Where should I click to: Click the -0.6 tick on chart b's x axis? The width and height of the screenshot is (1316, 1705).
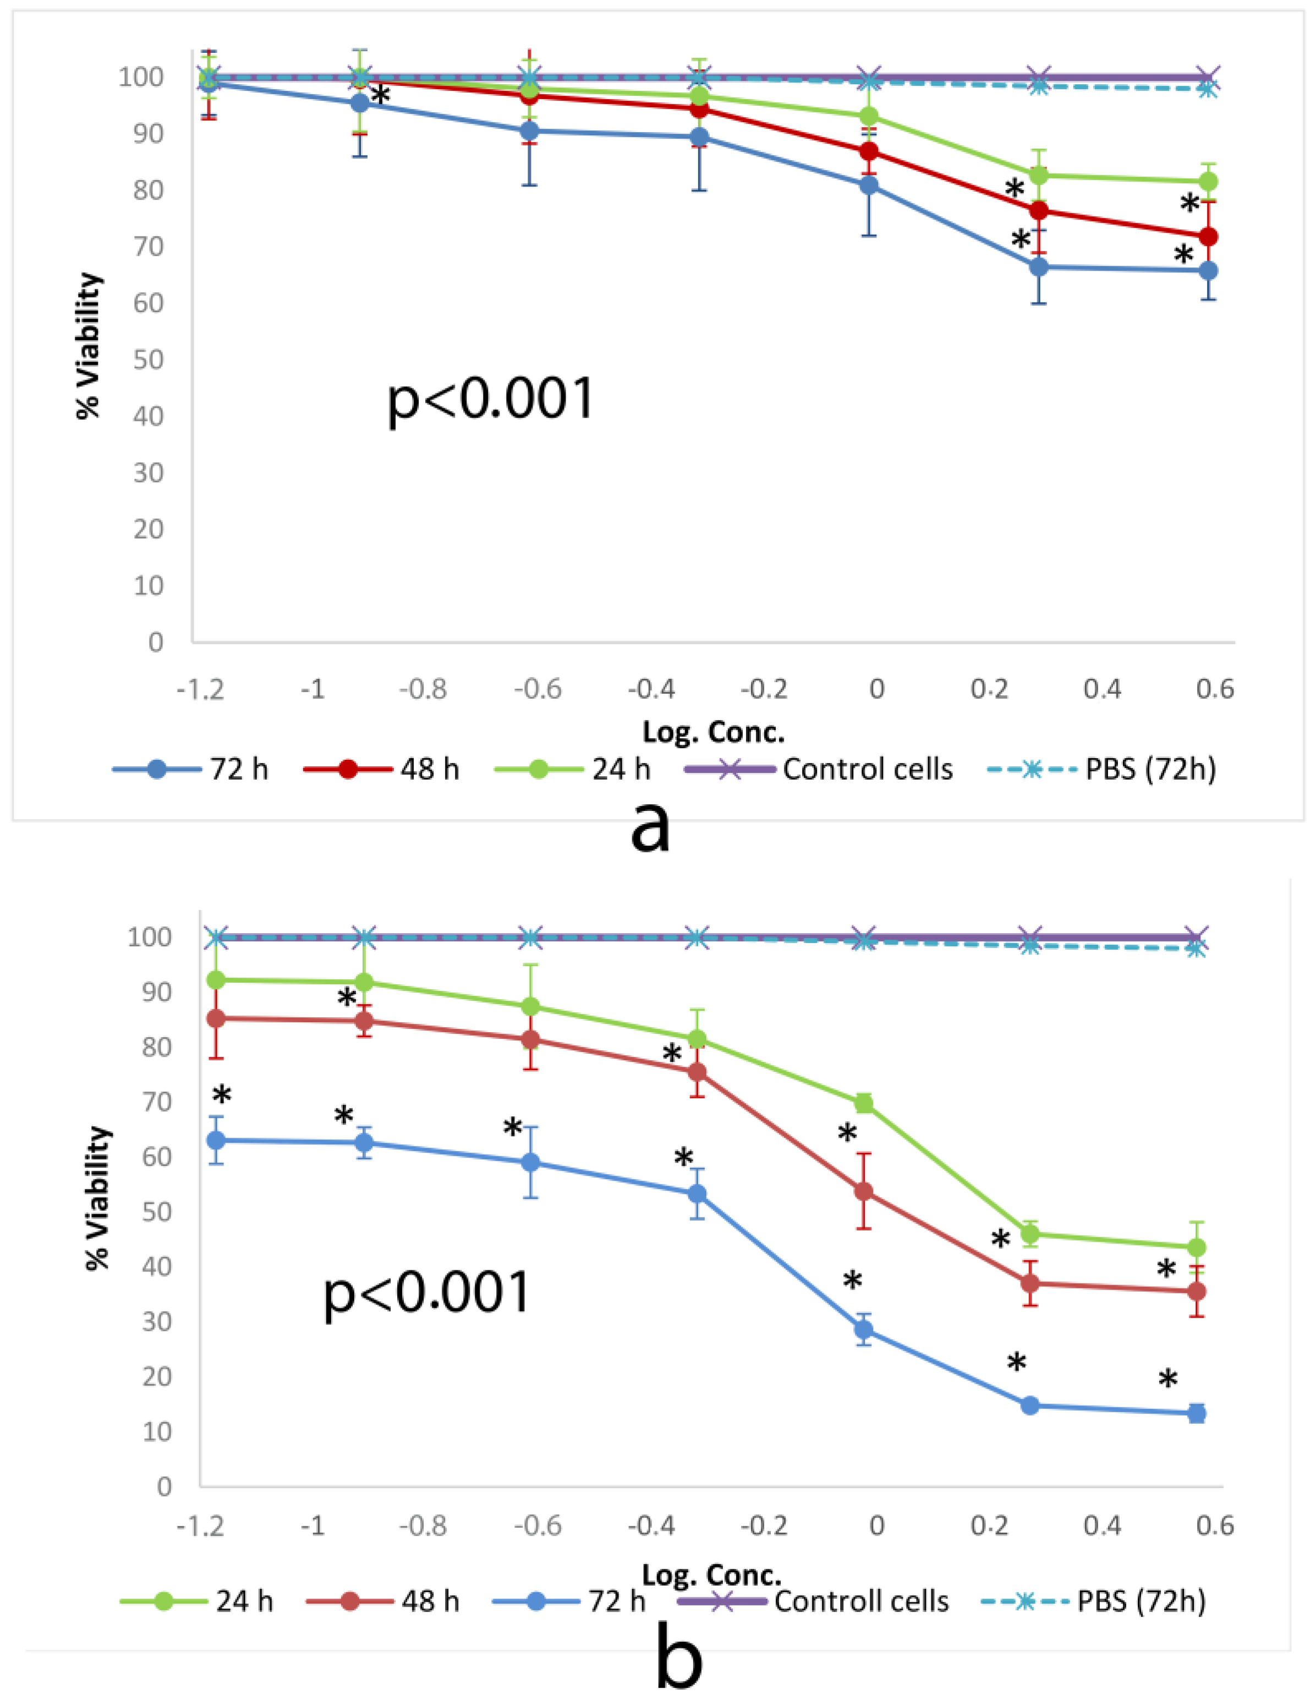538,1526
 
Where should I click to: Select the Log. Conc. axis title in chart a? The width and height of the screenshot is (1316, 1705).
712,732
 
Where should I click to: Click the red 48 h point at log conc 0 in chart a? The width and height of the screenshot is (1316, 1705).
869,151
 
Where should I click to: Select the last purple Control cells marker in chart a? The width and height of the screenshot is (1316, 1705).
1208,78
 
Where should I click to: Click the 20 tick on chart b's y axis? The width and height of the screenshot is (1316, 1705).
156,1377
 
